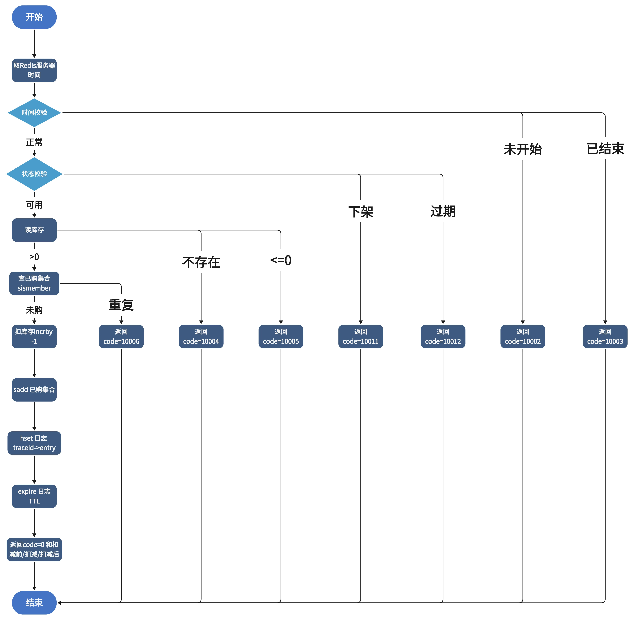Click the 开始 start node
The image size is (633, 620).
pos(34,17)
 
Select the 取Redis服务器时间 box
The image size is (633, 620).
pos(34,70)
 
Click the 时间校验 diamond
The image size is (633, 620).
pos(34,113)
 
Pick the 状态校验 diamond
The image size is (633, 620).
pos(34,174)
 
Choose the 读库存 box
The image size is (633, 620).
pos(34,230)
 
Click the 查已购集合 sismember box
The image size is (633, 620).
pos(34,283)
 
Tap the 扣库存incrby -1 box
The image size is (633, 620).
pos(34,336)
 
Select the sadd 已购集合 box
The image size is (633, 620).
pos(34,390)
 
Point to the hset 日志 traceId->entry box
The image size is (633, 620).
pos(34,443)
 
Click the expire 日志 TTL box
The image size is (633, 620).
pos(34,496)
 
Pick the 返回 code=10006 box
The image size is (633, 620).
pos(121,336)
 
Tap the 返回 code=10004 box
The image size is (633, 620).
pos(201,336)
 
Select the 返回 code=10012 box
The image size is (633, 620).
pos(443,336)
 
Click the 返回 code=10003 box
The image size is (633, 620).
pos(605,336)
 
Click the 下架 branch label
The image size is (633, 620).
pos(361,212)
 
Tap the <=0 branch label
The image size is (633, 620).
pos(281,260)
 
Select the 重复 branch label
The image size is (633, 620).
pos(121,305)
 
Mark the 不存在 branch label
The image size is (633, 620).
pos(201,262)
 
